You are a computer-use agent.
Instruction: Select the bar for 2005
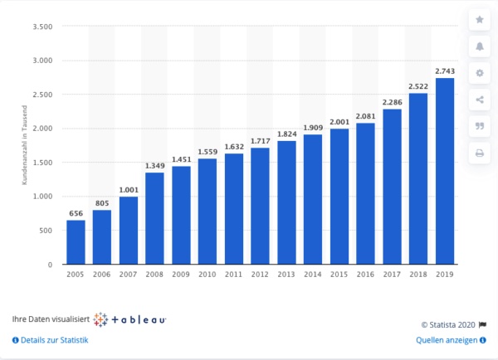click(x=76, y=242)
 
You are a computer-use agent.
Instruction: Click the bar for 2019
click(x=445, y=171)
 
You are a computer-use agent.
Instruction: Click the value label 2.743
click(x=445, y=71)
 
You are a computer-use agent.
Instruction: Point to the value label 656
click(x=76, y=213)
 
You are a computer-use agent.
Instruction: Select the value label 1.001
click(x=128, y=190)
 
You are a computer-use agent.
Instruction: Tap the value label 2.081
click(x=365, y=116)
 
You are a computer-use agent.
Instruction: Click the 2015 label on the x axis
click(x=339, y=275)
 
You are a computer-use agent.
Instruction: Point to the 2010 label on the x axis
click(x=207, y=275)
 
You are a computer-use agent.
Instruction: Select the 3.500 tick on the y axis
click(x=42, y=27)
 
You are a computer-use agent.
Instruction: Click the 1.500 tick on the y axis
click(x=42, y=163)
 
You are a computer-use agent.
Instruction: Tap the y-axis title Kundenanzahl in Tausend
click(x=25, y=146)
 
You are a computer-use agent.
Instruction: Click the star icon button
click(x=479, y=19)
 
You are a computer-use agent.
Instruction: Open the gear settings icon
click(x=479, y=73)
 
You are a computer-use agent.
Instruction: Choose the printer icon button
click(x=479, y=153)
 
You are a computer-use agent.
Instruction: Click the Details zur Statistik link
click(x=51, y=340)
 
